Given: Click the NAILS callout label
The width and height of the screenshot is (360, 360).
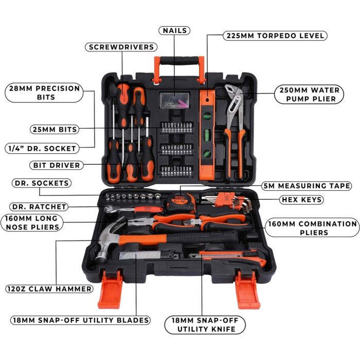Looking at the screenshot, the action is pos(174,30).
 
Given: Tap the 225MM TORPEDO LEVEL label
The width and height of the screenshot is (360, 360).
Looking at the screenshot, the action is pos(275,35).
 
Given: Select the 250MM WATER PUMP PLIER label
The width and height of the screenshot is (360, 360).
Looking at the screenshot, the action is pos(309,94).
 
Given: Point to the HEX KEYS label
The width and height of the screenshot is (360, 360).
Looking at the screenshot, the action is pos(301,200).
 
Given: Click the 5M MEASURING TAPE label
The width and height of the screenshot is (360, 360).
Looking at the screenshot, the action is pos(307,186).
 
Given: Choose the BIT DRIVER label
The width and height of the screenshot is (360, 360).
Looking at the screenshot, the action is pos(56,165).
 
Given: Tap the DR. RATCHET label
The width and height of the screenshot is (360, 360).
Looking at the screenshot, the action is pos(39,207).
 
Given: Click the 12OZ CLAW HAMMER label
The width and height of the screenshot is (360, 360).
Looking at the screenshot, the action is pos(49,289).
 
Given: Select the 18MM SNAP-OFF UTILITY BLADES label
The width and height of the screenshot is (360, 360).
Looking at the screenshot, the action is pos(80,320).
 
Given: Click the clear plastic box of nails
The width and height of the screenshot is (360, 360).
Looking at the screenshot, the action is pos(174,100).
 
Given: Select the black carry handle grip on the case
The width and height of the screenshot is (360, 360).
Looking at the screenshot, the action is pos(179,61).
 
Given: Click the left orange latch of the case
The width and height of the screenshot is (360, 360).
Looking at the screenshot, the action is pos(110,290).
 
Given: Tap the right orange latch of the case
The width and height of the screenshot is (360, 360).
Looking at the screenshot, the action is pos(247,290).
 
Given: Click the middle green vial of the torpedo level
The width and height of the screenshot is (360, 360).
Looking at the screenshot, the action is pos(207,134).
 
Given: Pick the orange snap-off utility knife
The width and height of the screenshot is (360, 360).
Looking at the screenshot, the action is pos(228,258).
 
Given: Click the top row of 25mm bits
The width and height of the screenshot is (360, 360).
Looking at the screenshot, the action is pos(176,128).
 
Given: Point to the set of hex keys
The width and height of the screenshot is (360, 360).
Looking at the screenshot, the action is pos(227,201).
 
